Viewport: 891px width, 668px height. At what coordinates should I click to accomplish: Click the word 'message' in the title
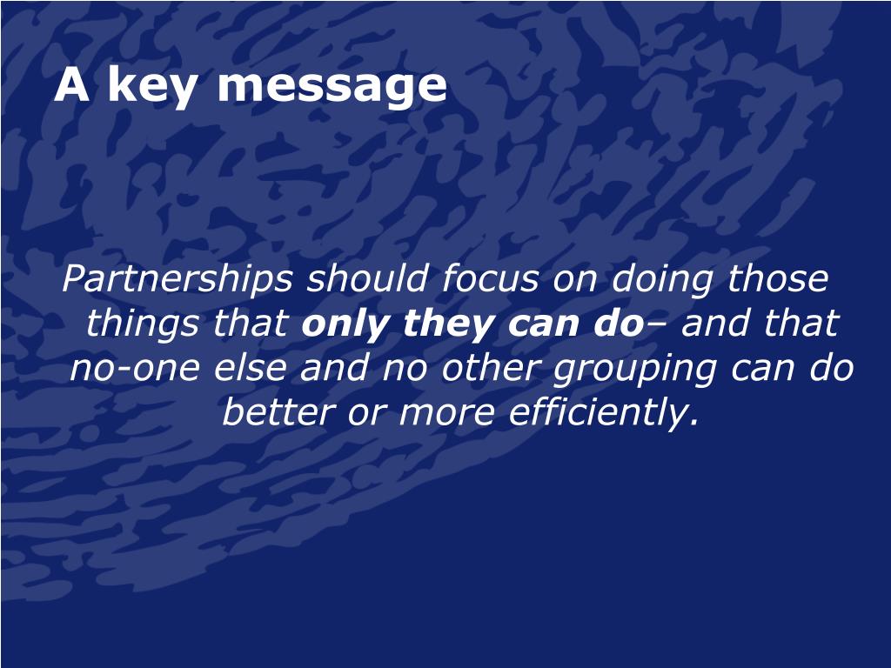click(332, 86)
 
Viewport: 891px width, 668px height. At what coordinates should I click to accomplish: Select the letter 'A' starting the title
click(71, 84)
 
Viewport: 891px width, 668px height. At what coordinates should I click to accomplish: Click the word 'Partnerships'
click(178, 279)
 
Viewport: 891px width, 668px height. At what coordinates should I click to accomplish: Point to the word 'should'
click(367, 278)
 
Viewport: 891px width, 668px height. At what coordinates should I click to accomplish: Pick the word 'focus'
click(490, 278)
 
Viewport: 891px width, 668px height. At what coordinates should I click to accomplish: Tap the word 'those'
click(778, 278)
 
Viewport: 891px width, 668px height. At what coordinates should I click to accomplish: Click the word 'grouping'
click(634, 369)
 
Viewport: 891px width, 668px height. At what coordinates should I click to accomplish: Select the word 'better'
click(278, 411)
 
